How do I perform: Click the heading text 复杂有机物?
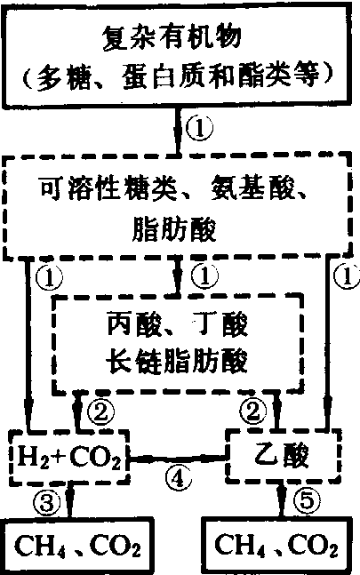172,37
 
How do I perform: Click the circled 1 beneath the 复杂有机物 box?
199,129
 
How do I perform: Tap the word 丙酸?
134,323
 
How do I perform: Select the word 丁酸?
222,323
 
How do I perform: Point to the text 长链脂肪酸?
177,360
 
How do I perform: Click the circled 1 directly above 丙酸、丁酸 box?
204,276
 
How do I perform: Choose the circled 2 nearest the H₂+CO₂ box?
100,411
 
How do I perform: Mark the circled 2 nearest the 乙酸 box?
253,411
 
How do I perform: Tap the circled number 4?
178,478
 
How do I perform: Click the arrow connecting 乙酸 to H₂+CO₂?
178,459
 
